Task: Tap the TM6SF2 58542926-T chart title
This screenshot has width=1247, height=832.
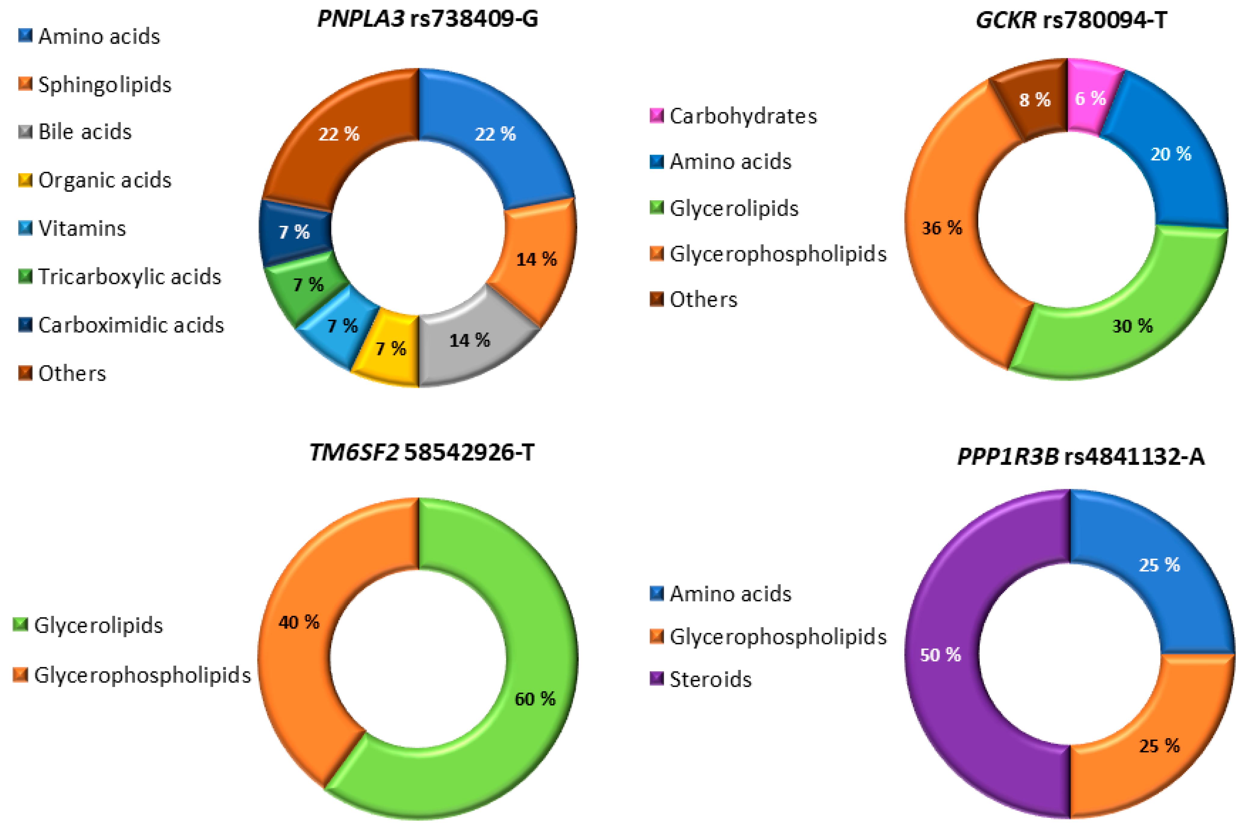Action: click(x=422, y=453)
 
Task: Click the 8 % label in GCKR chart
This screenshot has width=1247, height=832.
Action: click(x=1035, y=100)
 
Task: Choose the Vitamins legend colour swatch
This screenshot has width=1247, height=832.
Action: click(x=25, y=228)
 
